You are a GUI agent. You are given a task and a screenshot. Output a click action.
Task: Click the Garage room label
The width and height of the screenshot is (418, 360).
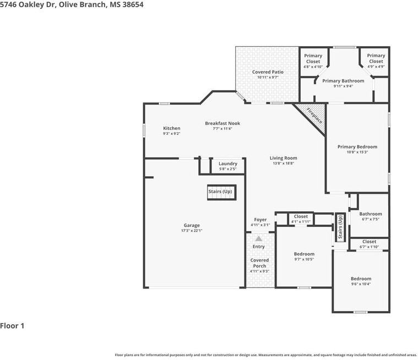pos(192,225)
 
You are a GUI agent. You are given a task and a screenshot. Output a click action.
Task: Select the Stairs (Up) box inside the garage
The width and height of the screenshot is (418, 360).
pos(221,192)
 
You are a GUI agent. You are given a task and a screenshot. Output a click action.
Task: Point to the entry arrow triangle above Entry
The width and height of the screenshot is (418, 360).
pos(259,238)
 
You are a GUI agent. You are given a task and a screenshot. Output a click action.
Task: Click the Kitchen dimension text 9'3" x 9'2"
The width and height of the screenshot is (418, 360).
pos(172,134)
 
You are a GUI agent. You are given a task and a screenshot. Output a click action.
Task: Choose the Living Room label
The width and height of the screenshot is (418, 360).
pos(284,158)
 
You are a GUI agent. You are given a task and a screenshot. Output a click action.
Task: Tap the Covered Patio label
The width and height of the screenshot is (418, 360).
pos(268,72)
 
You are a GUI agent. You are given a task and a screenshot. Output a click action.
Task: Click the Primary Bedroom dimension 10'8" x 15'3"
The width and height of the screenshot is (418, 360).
pos(357,152)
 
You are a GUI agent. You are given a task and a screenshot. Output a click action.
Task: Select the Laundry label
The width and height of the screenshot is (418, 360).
pos(227,163)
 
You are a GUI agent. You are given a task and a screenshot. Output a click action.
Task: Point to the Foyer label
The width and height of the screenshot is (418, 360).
pos(260,220)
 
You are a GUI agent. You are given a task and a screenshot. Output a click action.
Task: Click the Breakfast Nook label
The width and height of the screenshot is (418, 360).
pos(222,123)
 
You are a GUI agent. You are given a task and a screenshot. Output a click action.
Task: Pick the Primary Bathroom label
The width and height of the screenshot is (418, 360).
pos(343,81)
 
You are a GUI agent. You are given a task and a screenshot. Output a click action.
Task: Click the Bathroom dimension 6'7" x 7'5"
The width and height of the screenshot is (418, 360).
pos(371,219)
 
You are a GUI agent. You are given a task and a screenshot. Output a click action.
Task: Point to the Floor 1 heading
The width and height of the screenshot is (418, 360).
pos(12,326)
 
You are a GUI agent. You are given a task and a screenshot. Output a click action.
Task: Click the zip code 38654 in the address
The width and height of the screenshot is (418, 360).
pos(133,4)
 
